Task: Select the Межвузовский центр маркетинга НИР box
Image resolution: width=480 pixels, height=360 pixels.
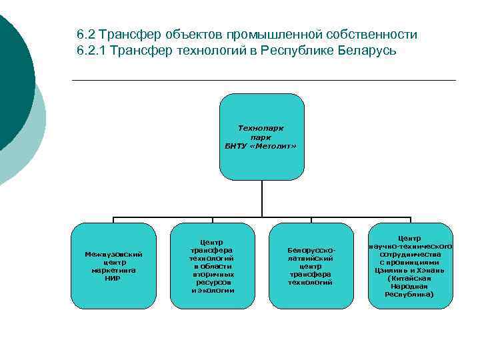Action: pyautogui.click(x=113, y=265)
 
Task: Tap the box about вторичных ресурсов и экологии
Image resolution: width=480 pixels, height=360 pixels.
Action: pyautogui.click(x=213, y=265)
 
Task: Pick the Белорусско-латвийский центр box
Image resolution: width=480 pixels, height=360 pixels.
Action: pyautogui.click(x=310, y=265)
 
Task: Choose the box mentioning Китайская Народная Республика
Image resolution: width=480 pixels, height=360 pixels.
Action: pyautogui.click(x=409, y=265)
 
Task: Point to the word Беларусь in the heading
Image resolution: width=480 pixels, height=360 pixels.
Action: pyautogui.click(x=365, y=51)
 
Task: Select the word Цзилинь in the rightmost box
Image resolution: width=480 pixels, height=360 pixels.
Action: pyautogui.click(x=391, y=271)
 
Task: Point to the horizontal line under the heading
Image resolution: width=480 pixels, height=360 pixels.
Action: pyautogui.click(x=263, y=81)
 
